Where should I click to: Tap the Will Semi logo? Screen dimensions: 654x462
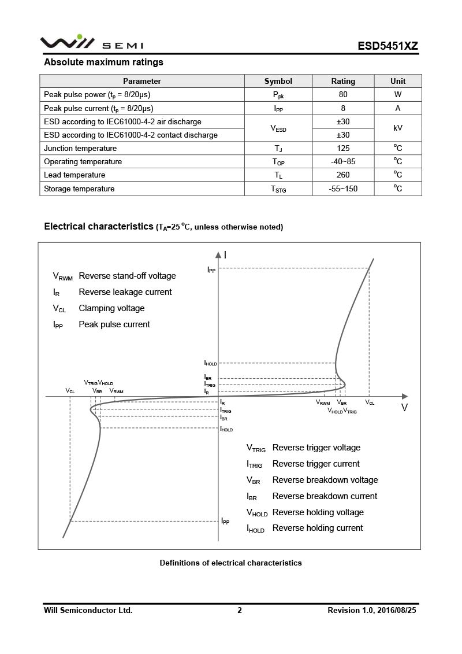tap(91, 43)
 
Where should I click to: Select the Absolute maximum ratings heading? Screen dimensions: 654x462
tap(104, 62)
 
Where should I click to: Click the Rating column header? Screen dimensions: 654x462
tap(343, 81)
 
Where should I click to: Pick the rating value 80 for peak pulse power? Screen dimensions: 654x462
tap(343, 94)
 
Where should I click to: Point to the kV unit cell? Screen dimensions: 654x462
tap(398, 128)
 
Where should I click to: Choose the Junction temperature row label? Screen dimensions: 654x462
tap(80, 148)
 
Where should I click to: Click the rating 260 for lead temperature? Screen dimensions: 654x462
tap(343, 175)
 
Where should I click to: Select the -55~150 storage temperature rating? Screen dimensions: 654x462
tap(343, 189)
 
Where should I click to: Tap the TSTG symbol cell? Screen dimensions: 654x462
tap(278, 189)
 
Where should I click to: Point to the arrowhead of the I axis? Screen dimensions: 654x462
tap(218, 254)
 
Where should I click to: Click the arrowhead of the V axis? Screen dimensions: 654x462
tap(404, 397)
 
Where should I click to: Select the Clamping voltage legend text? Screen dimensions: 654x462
tap(111, 308)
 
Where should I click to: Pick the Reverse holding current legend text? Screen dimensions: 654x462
tap(318, 528)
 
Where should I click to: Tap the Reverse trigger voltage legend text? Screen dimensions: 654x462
tap(316, 448)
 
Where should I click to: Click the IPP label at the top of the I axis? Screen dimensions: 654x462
tap(211, 270)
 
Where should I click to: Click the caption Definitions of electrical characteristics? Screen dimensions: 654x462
tap(230, 563)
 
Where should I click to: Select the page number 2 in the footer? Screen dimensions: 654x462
tap(240, 610)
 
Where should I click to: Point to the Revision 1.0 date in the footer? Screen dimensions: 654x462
tap(371, 610)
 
